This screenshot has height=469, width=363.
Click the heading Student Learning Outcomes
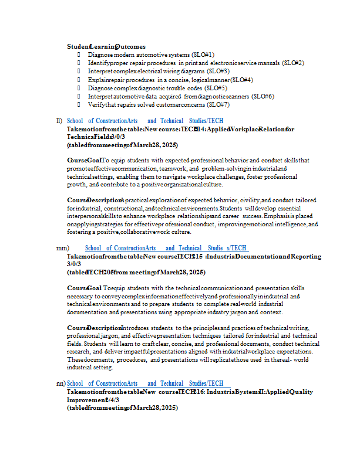pyautogui.click(x=106, y=46)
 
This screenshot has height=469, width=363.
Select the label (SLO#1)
pyautogui.click(x=203, y=55)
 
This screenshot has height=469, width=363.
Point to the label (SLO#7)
pyautogui.click(x=218, y=105)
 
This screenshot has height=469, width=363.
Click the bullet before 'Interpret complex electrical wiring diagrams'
pyautogui.click(x=78, y=71)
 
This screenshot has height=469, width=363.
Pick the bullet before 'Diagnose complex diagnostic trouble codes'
pyautogui.click(x=78, y=88)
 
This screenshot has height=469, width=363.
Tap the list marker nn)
pyautogui.click(x=60, y=383)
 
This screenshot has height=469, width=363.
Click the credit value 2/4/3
pyautogui.click(x=111, y=400)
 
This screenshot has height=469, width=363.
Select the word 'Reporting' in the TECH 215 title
pyautogui.click(x=305, y=256)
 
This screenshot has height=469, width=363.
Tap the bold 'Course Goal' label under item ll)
pyautogui.click(x=84, y=161)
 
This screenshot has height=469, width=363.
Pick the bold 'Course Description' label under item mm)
pyautogui.click(x=94, y=328)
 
